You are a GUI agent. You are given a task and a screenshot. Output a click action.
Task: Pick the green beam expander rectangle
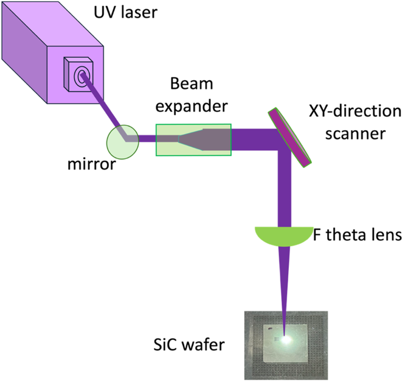[x=193, y=140]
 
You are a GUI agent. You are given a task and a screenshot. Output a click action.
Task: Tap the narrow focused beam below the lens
[x=285, y=283]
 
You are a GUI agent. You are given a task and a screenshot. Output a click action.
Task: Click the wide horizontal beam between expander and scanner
[x=253, y=140]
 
